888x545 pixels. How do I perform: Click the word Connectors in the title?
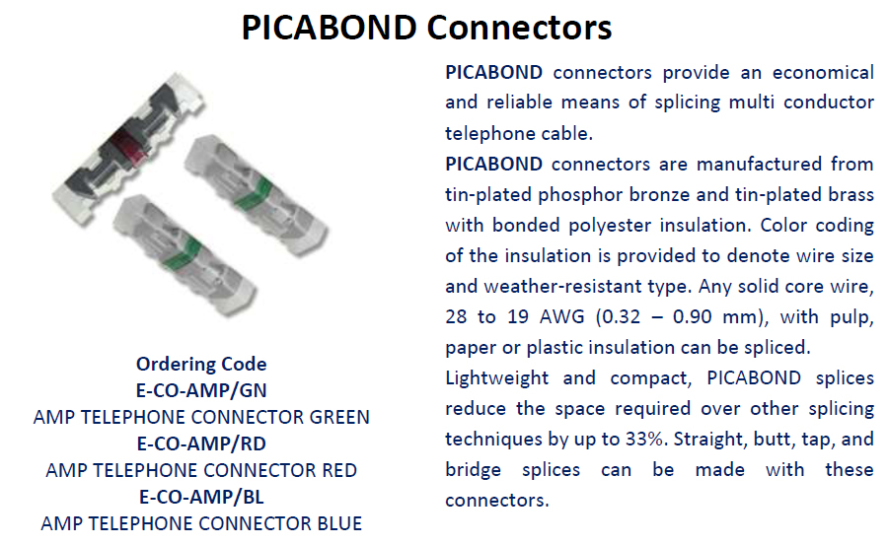tap(519, 28)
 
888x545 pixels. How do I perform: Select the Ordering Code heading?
tap(201, 364)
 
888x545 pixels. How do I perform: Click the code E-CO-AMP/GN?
tap(201, 390)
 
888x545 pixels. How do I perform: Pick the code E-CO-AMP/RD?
tap(201, 443)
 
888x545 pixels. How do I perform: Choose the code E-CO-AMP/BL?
tap(201, 497)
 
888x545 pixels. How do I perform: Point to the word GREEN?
tap(339, 417)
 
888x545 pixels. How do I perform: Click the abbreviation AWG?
tap(561, 317)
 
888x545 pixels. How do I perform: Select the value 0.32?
tap(621, 317)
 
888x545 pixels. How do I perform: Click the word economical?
tap(823, 73)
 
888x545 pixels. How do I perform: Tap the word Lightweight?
tap(496, 378)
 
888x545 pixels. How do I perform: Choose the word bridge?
tap(473, 471)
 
